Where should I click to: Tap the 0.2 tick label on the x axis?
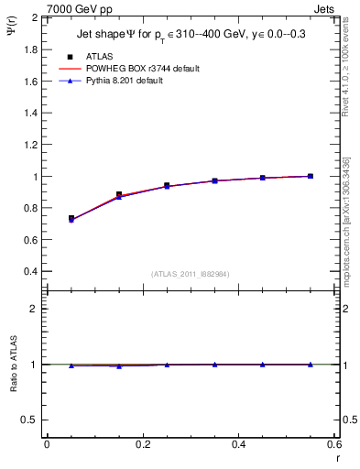143,443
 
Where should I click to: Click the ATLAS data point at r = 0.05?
71,219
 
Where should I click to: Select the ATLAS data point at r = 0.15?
119,195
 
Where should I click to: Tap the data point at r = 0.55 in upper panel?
311,176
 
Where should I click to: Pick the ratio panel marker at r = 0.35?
214,365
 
